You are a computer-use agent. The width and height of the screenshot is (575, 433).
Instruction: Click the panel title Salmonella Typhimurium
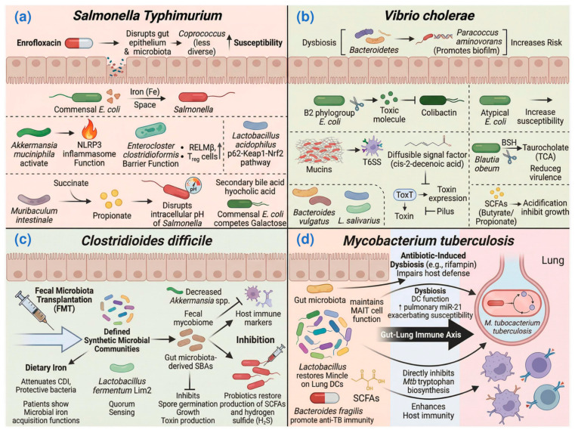(x=147, y=15)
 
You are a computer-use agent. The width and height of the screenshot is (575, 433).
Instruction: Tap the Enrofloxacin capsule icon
(x=79, y=43)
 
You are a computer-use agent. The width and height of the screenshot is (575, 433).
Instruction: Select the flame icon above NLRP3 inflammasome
(x=89, y=131)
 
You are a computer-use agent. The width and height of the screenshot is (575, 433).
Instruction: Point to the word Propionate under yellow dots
(x=112, y=215)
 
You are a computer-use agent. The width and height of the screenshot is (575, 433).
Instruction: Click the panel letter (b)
(x=305, y=17)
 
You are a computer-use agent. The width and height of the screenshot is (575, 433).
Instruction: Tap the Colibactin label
(x=438, y=113)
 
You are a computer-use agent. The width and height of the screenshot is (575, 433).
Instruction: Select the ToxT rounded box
(x=404, y=195)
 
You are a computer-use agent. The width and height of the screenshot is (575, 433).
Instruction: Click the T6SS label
(x=372, y=162)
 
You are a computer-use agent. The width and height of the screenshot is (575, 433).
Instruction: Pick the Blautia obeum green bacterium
(x=486, y=148)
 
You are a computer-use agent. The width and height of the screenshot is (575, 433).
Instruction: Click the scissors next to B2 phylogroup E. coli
(x=356, y=104)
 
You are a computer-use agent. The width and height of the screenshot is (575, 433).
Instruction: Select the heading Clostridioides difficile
(x=147, y=241)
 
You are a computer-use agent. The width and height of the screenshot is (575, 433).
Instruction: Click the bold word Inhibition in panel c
(x=255, y=340)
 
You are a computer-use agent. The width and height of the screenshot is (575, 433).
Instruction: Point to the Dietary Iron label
(x=46, y=368)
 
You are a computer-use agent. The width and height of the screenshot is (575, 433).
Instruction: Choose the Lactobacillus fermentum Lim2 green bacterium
(x=122, y=368)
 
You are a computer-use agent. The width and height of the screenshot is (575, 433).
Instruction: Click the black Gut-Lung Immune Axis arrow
(x=427, y=334)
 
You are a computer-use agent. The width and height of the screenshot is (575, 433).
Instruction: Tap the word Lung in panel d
(x=552, y=261)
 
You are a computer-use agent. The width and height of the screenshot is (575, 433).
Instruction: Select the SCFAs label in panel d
(x=366, y=397)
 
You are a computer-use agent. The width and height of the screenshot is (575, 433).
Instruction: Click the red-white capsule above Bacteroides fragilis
(x=325, y=397)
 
